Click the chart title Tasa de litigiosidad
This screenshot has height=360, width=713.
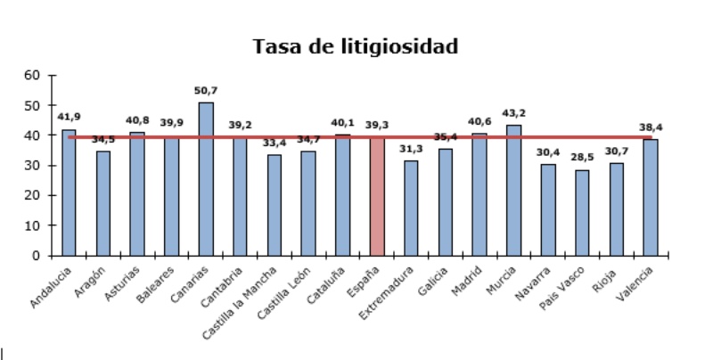[356, 45]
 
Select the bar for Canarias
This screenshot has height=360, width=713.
[206, 178]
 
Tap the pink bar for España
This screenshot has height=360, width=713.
[377, 196]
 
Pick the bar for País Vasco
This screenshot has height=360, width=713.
[582, 212]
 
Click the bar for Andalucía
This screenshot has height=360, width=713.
[69, 192]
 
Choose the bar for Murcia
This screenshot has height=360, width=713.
[513, 190]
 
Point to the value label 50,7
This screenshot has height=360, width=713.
[206, 91]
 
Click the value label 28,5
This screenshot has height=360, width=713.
[582, 158]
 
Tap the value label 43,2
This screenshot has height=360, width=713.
[513, 113]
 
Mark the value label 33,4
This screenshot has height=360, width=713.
[275, 143]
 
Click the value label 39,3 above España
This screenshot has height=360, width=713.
[377, 126]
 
